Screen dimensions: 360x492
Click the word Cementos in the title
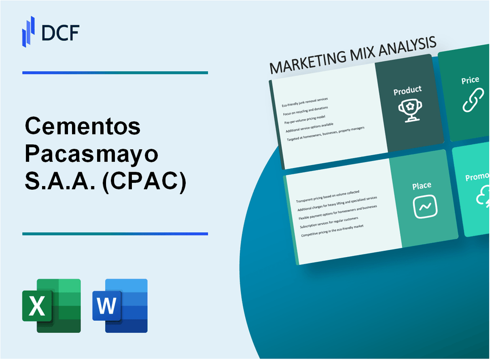pos(83,127)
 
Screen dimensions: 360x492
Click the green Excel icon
pos(51,305)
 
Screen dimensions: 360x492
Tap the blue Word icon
pos(120,305)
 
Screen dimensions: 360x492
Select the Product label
pos(407,91)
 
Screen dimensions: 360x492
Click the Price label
pos(470,80)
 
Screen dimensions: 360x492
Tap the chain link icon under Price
pos(473,100)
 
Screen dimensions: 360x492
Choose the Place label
pos(422,185)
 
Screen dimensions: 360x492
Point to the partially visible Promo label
pos(478,178)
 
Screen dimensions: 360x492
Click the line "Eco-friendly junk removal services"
pos(305,102)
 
